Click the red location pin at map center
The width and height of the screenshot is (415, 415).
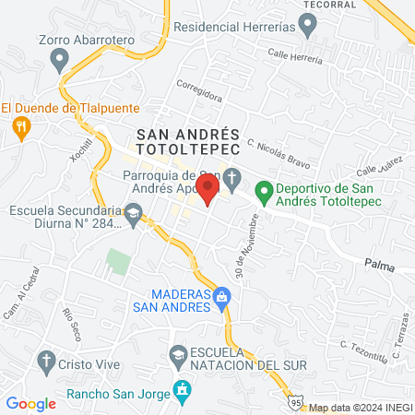coord(208,192)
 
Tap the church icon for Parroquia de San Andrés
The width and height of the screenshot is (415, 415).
coord(231,177)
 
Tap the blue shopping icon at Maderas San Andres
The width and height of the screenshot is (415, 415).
coord(221,297)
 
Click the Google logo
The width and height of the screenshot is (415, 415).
coord(31,403)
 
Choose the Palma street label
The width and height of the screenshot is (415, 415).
coord(378,266)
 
